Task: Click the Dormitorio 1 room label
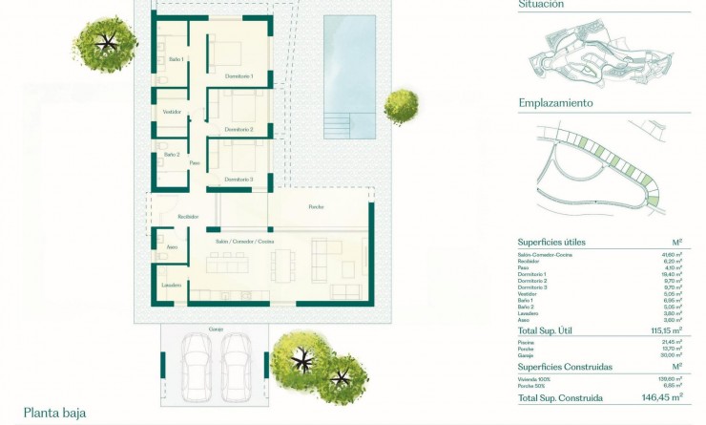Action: [x=239, y=75]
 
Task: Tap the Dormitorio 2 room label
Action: [x=239, y=129]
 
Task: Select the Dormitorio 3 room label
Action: [x=239, y=180]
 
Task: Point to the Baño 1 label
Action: [x=175, y=59]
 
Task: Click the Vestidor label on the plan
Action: [x=172, y=112]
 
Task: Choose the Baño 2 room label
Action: [x=172, y=154]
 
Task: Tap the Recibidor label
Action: [x=187, y=217]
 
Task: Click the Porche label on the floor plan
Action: [x=316, y=207]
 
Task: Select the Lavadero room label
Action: [x=172, y=286]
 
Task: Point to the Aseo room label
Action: [x=172, y=247]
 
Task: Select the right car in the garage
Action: [x=236, y=365]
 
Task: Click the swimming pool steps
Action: [x=339, y=125]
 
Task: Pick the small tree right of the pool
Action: [x=401, y=105]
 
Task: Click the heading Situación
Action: [x=541, y=5]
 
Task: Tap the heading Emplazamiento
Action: [x=555, y=103]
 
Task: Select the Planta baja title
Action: [x=54, y=413]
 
